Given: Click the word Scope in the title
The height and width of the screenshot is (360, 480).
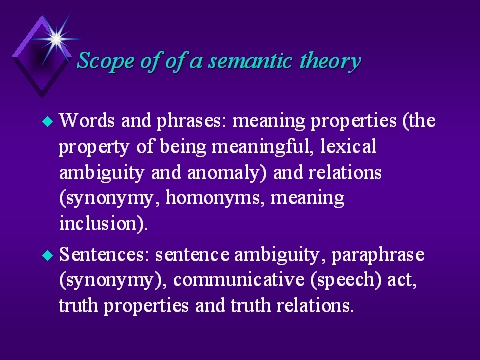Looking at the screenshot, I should (x=104, y=60).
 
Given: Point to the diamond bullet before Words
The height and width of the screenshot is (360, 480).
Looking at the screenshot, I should (x=45, y=123).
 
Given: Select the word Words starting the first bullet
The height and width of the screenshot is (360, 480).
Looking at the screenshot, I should (x=87, y=121).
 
